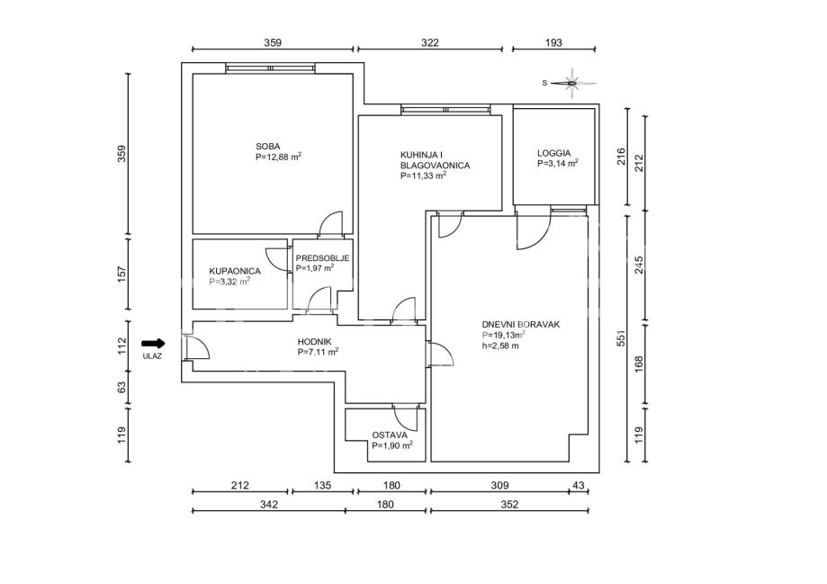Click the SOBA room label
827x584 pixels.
(268, 147)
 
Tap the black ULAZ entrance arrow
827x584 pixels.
(154, 344)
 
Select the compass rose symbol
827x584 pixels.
(571, 84)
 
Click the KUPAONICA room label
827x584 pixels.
(235, 271)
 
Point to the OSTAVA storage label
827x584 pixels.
(390, 436)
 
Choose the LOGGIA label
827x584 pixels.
(553, 154)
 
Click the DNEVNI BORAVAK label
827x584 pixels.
(520, 325)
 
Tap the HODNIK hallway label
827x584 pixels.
(314, 342)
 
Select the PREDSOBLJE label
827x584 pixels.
(323, 258)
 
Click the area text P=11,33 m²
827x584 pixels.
(424, 175)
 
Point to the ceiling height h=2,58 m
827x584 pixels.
(500, 346)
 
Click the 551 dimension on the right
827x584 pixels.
(621, 338)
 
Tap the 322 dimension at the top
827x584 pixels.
(430, 42)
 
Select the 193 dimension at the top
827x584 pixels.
(553, 42)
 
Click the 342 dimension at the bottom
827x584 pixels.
(268, 504)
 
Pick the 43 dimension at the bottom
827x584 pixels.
(579, 485)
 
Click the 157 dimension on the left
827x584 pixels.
(121, 274)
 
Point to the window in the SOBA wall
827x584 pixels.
(271, 68)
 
